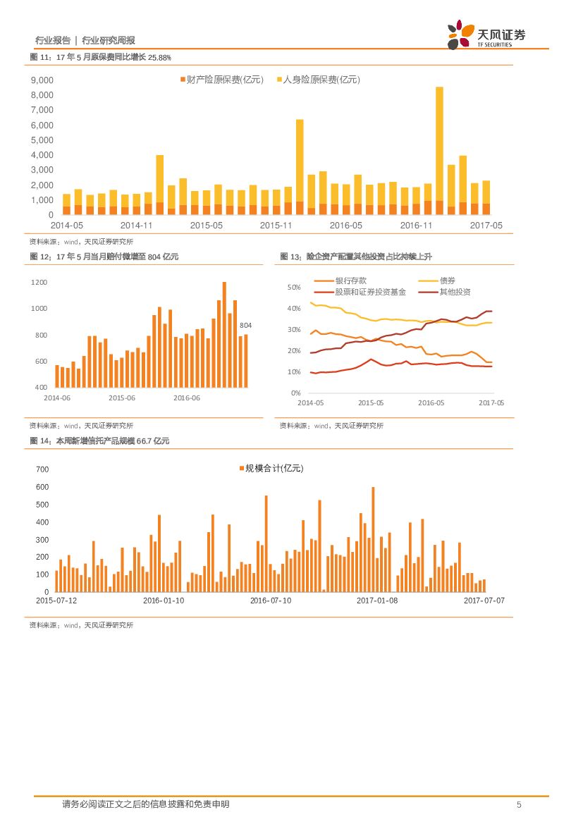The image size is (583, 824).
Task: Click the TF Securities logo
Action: (x=486, y=35)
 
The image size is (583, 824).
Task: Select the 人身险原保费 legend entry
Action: (x=317, y=80)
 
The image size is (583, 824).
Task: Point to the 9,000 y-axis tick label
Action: (x=42, y=80)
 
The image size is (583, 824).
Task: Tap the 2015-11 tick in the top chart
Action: (x=276, y=226)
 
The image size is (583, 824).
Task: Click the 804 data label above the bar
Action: (x=246, y=325)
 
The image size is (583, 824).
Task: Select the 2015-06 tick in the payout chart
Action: (x=122, y=398)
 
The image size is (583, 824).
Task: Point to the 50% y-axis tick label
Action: (x=295, y=288)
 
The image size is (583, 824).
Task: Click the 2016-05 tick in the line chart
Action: (x=431, y=402)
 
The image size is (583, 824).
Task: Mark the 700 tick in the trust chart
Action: (x=42, y=469)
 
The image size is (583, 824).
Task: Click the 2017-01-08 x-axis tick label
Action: (x=376, y=600)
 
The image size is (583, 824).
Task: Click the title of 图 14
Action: (x=99, y=441)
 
